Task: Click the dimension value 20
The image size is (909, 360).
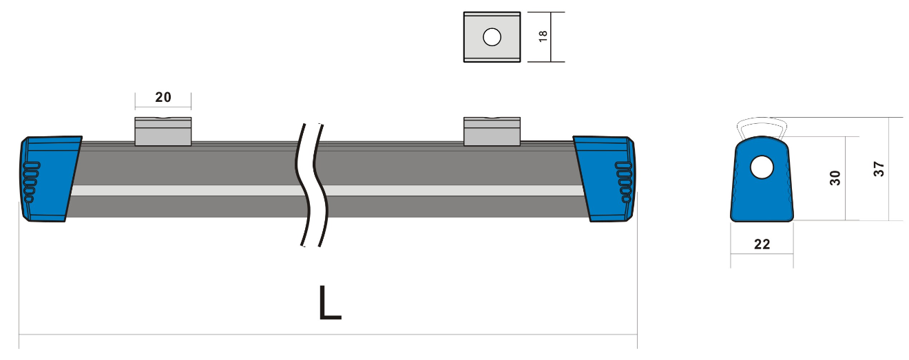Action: coord(163,97)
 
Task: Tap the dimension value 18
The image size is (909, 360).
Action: coord(543,36)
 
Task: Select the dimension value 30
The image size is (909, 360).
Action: coord(835,178)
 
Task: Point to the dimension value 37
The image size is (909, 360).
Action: coord(879,169)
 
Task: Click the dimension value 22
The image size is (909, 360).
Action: coord(762,244)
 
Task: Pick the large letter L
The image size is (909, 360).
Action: coord(330,303)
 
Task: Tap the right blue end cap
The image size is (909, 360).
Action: coord(605,179)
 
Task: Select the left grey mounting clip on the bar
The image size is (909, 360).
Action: coord(163,131)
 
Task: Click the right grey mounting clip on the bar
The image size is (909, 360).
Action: coord(492,131)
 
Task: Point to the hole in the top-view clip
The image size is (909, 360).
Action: coord(492,37)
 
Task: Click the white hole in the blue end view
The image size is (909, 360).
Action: coord(762,167)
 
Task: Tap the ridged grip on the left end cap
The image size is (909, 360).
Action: coord(32,182)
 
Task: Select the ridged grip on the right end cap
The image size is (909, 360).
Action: coord(624,182)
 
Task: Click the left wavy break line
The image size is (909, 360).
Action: coord(302,184)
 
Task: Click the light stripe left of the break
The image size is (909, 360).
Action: coord(187,191)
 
